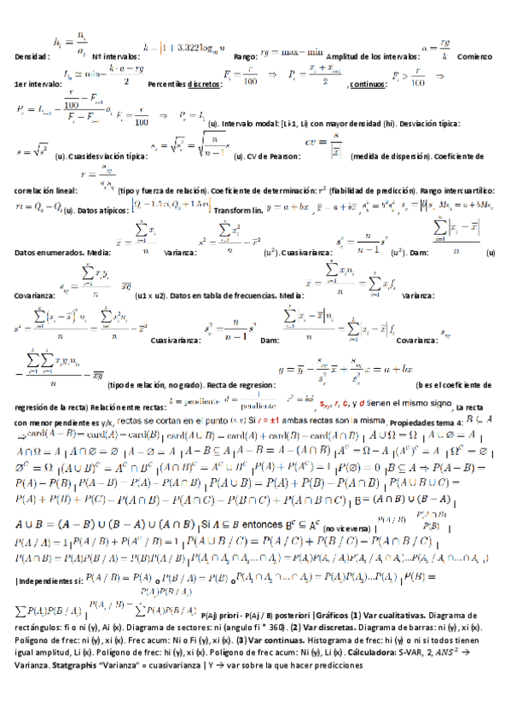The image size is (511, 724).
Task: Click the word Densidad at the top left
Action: [x=31, y=56]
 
